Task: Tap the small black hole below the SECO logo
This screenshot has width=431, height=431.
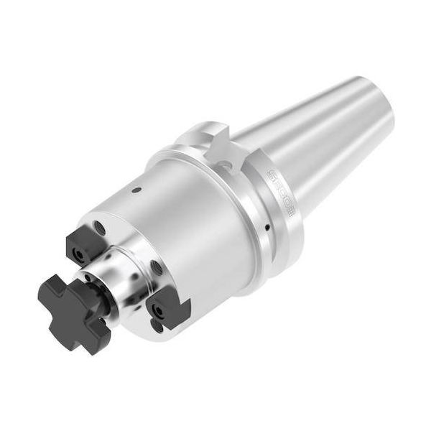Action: (268, 228)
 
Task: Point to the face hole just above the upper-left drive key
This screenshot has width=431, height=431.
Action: (101, 229)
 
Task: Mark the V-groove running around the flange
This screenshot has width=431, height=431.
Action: (248, 208)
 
